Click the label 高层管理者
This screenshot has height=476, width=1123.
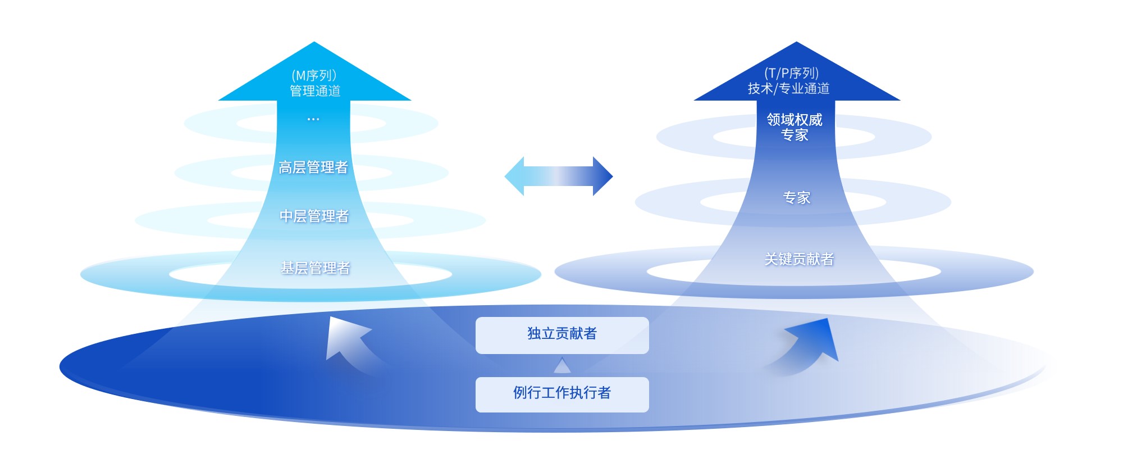(x=313, y=167)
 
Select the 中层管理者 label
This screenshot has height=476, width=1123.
(x=314, y=216)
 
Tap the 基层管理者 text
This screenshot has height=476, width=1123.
(x=315, y=268)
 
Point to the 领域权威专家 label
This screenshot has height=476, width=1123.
(x=795, y=127)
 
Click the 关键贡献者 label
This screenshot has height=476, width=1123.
(x=799, y=259)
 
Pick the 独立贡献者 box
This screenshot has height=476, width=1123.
(x=562, y=335)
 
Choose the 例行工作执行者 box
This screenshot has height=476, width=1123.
(x=562, y=394)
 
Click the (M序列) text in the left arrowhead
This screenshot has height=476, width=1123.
(x=314, y=75)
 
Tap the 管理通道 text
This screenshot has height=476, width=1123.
(x=315, y=91)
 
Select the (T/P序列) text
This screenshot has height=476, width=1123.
(x=792, y=73)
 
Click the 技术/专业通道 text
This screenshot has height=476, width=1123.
(x=788, y=89)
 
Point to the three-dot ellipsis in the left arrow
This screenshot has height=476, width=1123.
(x=313, y=119)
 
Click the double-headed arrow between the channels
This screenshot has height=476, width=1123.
(x=559, y=176)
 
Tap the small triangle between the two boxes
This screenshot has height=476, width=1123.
(x=562, y=366)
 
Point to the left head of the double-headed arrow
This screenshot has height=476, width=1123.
(x=514, y=176)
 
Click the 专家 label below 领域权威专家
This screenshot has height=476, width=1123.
(x=797, y=198)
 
